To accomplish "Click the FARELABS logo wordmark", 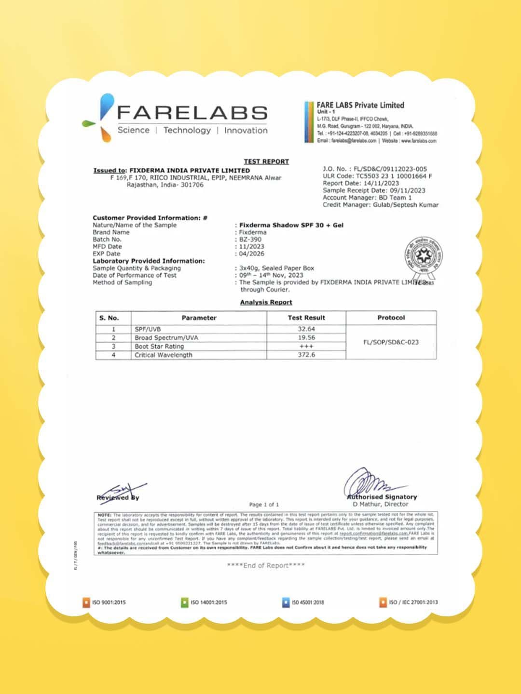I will click(x=192, y=113).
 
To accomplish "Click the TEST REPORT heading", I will click(x=266, y=161).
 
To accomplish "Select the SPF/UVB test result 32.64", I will click(x=306, y=329).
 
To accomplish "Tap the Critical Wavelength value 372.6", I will click(x=306, y=355).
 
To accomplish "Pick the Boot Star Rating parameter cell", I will click(x=159, y=347).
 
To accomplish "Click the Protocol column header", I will click(x=391, y=318).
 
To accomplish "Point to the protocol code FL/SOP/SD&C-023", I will click(x=391, y=342).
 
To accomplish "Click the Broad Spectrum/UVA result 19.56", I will click(x=306, y=338).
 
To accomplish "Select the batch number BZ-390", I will click(x=250, y=239).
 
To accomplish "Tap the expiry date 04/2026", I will click(x=252, y=254).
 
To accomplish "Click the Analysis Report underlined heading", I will click(x=266, y=302).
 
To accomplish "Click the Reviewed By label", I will click(x=118, y=497).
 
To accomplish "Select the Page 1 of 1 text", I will click(x=264, y=505).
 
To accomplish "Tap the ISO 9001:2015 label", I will click(x=109, y=602).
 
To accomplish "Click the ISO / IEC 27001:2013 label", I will click(x=413, y=602).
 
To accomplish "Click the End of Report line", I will click(x=266, y=565).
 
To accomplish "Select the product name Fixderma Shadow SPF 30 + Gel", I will click(x=291, y=225).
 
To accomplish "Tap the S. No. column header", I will click(x=109, y=318).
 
